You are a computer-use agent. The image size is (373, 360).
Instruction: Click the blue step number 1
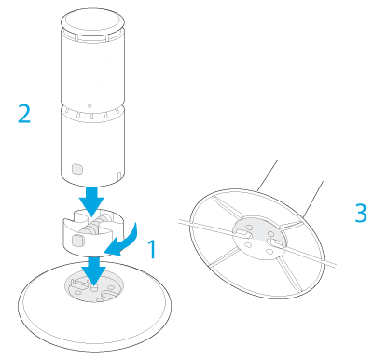[x=152, y=249]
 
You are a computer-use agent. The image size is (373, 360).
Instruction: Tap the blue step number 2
[x=24, y=114]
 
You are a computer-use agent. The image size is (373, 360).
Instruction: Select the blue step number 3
[x=361, y=213]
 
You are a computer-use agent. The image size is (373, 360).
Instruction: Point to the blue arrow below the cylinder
[x=91, y=201]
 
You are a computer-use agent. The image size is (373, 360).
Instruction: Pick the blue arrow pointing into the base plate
[x=94, y=270]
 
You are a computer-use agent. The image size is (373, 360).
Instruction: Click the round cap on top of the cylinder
[x=92, y=21]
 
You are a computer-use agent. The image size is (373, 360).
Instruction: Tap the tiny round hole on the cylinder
[x=90, y=106]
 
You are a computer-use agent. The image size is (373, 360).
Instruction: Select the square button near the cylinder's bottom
[x=77, y=170]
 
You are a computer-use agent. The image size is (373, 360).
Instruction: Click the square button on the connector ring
[x=76, y=241]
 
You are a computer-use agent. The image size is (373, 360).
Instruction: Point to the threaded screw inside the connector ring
[x=93, y=226]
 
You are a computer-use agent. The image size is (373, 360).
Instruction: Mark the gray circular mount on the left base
[x=94, y=286]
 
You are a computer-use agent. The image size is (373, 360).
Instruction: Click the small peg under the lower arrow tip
[x=94, y=287]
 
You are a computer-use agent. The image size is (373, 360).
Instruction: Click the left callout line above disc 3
[x=267, y=175]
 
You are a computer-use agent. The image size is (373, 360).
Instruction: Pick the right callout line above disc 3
[x=312, y=199]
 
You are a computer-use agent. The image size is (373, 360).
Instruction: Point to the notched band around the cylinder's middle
[x=92, y=111]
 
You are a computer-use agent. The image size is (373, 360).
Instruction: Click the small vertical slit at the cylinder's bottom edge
[x=119, y=175]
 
